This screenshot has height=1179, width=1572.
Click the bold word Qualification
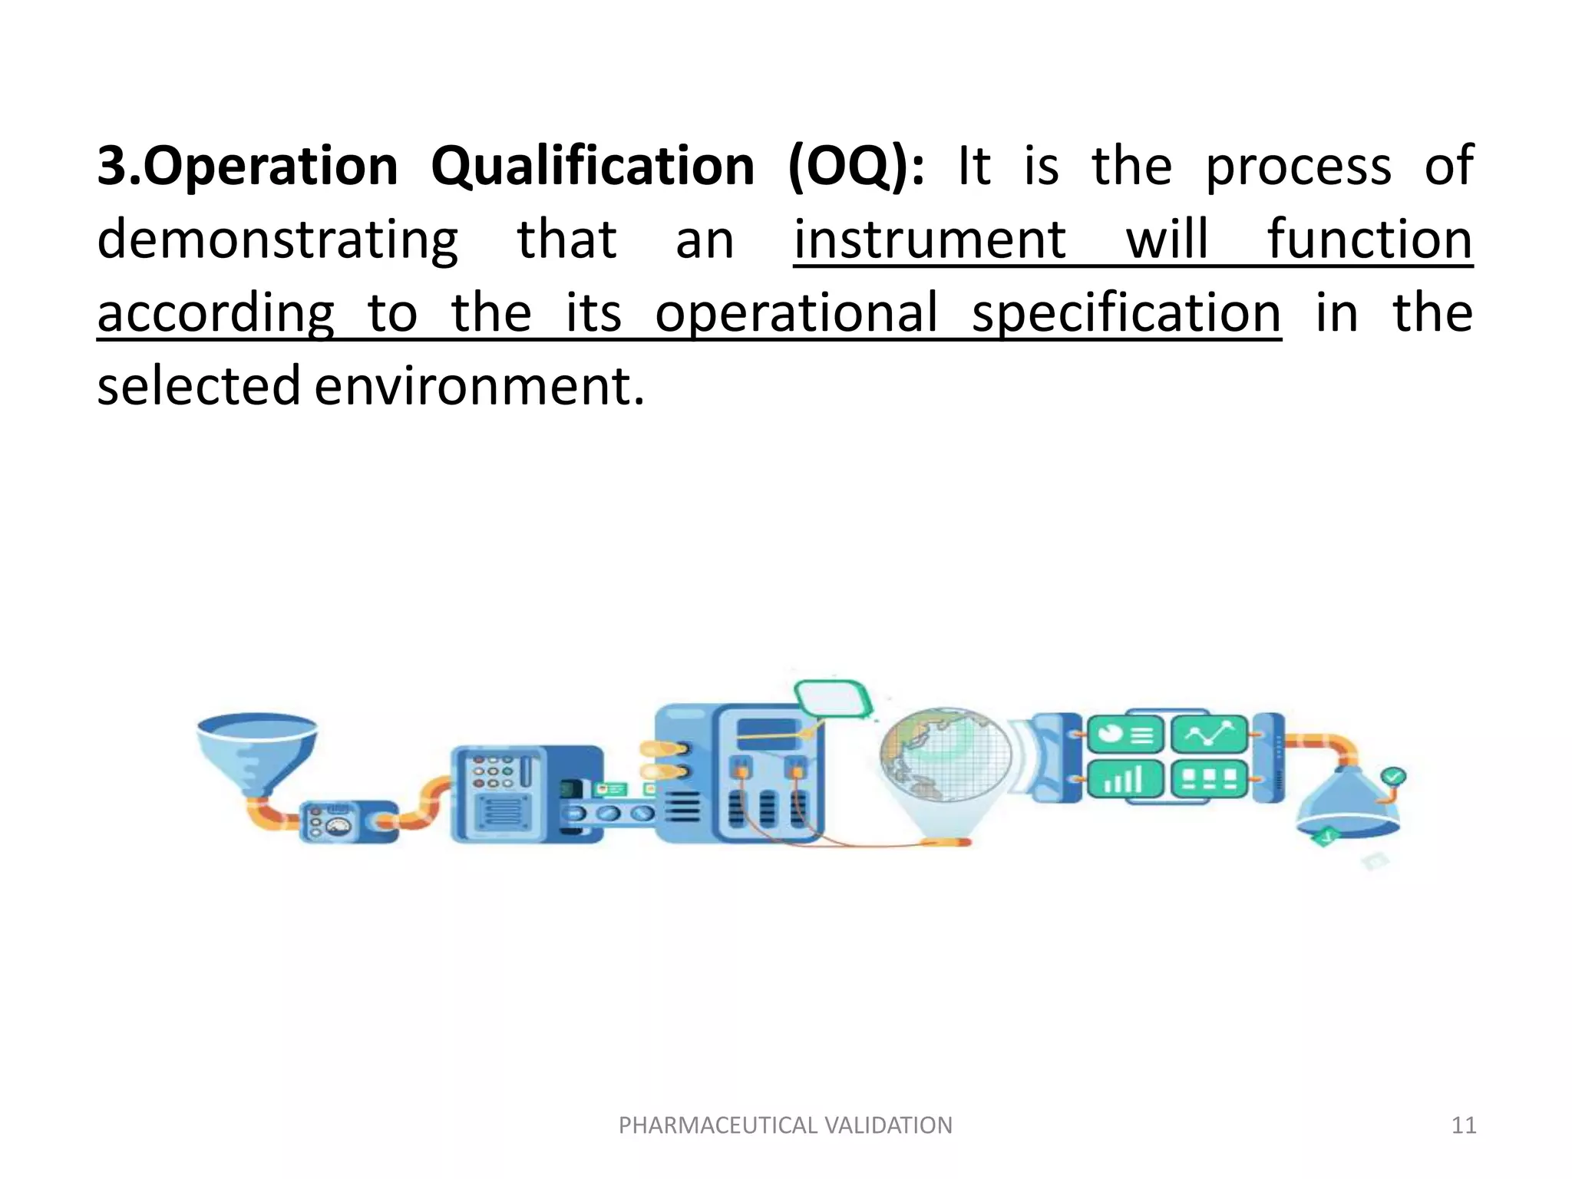[x=593, y=167]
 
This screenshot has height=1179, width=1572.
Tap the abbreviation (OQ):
[x=857, y=167]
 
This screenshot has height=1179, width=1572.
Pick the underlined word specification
[x=1126, y=314]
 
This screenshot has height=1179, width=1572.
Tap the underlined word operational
[x=796, y=314]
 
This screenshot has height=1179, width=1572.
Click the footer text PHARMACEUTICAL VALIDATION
[x=785, y=1125]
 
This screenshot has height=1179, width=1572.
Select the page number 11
[x=1464, y=1125]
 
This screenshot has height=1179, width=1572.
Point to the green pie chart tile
[x=1125, y=735]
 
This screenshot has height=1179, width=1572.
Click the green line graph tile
[x=1209, y=735]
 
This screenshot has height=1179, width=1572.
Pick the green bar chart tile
[x=1125, y=780]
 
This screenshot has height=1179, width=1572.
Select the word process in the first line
[x=1298, y=167]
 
